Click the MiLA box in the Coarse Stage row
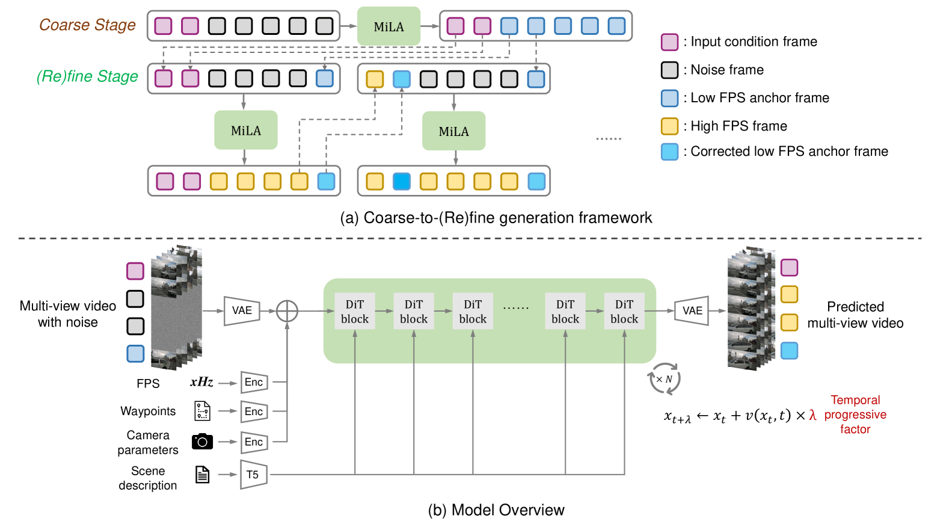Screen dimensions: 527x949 [389, 26]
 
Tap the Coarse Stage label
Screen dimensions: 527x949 [87, 25]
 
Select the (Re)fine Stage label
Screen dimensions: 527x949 [87, 77]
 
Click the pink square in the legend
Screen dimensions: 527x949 [669, 42]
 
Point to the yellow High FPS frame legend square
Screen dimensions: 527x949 [669, 126]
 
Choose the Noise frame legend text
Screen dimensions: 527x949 [727, 70]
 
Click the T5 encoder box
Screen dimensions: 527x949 [253, 475]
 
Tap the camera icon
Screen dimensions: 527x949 [202, 442]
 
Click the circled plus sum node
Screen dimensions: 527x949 [287, 311]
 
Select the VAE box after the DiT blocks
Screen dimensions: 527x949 [692, 311]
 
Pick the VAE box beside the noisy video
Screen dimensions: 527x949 [242, 310]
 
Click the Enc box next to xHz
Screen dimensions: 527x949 [254, 383]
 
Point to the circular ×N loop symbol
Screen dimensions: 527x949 [664, 379]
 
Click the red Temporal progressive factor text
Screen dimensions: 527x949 [855, 415]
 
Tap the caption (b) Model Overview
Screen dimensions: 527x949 [496, 510]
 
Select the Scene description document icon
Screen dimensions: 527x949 [203, 475]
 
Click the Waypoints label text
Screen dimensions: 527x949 [148, 411]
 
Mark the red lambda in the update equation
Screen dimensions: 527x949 [812, 415]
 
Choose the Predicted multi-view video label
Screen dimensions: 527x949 [855, 315]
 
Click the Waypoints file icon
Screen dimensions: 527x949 [203, 411]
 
